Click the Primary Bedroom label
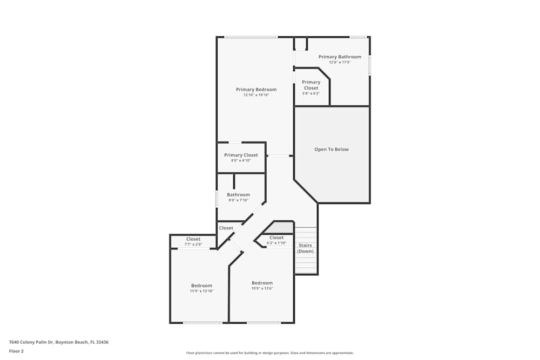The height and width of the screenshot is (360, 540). [x=256, y=90]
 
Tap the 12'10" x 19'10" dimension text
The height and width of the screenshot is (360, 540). [x=256, y=95]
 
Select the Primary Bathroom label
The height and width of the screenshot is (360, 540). [x=340, y=57]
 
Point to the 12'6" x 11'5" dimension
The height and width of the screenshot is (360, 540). [x=340, y=62]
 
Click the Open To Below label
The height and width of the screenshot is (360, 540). [x=332, y=150]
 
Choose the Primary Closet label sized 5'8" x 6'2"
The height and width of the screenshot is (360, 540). [x=311, y=85]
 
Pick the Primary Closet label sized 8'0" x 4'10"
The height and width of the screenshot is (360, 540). [x=241, y=155]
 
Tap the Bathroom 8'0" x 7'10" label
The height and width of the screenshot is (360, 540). [x=238, y=195]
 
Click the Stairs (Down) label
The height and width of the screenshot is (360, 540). [x=305, y=248]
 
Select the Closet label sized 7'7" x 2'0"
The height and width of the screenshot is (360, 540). [x=193, y=239]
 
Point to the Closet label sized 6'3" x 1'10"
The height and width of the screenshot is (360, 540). [x=276, y=237]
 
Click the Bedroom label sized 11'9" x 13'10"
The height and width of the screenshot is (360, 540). [x=201, y=286]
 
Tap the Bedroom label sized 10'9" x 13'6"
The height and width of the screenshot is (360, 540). [x=262, y=283]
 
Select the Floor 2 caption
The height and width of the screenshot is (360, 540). [x=16, y=351]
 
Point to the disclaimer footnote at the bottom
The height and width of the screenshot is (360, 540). [x=269, y=353]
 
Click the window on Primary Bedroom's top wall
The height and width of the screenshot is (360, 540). [x=251, y=37]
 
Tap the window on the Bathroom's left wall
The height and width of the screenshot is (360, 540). [x=217, y=199]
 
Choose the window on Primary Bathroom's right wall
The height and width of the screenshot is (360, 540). [x=370, y=65]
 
